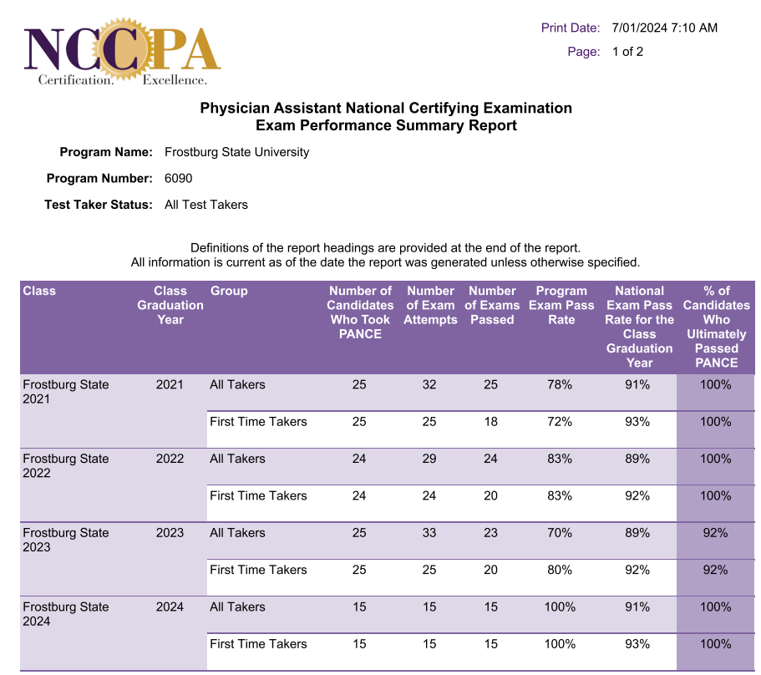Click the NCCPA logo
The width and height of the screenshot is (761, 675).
point(122,51)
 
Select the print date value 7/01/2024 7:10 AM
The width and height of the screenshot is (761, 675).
point(664,28)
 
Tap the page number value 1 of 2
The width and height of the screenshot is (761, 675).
point(627,52)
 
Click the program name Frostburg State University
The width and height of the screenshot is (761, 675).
point(236,152)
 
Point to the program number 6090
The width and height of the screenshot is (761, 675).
point(179,178)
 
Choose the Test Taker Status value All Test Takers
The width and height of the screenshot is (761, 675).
point(206,205)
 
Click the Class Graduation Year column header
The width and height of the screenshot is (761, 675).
point(170,305)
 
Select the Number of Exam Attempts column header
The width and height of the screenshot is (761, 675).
point(430,305)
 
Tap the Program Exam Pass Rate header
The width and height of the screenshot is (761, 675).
point(561,305)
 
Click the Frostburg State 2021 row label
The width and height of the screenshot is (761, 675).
point(66,392)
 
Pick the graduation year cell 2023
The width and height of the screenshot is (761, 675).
point(170,533)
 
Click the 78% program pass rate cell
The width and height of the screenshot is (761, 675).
point(559,385)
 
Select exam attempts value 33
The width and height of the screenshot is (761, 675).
point(429,533)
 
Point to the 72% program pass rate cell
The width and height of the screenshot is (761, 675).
point(559,422)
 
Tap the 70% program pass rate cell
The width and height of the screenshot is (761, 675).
point(559,533)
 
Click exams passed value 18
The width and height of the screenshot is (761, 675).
point(490,422)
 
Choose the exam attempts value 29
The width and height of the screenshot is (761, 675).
point(429,459)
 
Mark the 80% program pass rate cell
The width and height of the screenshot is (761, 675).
point(559,570)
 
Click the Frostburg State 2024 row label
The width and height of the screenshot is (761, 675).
point(66,614)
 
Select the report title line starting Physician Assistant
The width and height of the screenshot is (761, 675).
point(386,109)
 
